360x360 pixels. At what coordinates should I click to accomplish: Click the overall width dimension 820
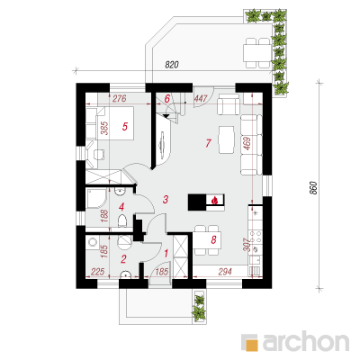coord(172,65)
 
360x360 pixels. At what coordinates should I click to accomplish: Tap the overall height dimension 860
coord(313,188)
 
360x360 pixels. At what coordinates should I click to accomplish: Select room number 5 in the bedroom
coord(125,126)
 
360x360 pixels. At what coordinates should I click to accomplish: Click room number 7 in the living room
coord(209,143)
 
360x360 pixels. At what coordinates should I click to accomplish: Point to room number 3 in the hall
coord(166,199)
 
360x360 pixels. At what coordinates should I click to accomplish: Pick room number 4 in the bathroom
coord(121,207)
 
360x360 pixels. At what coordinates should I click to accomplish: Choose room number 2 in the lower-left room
coord(123,258)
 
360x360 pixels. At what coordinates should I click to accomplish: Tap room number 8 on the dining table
coord(213,239)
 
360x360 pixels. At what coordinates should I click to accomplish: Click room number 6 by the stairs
coord(167,98)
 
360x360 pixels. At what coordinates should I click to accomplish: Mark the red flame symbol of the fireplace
coord(214,200)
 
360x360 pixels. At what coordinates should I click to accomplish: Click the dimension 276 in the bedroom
coord(119,98)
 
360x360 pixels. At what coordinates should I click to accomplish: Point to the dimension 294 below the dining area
coord(225,272)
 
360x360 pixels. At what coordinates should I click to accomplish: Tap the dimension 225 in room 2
coord(97,272)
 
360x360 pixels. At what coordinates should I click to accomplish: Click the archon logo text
coord(306,341)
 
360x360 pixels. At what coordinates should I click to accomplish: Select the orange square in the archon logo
coord(252,345)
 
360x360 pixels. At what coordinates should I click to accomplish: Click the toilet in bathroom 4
coord(122,221)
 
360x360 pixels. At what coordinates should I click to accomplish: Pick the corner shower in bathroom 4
coord(96,198)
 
